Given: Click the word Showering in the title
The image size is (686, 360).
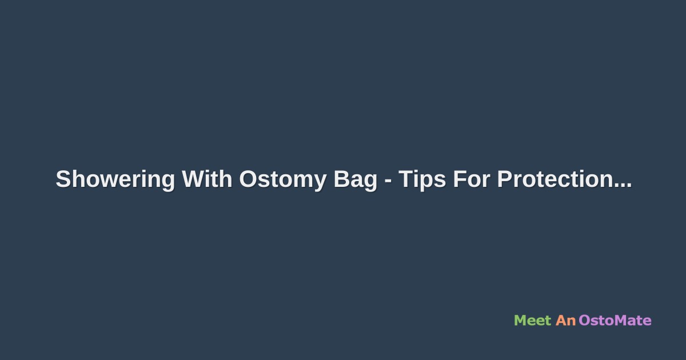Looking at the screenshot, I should tap(115, 180).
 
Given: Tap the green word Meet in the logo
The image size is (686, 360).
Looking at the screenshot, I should tap(532, 321).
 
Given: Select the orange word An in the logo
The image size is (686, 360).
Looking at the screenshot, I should tap(565, 321).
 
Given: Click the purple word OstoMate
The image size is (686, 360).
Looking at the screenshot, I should tap(615, 321).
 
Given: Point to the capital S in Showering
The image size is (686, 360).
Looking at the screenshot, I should tap(63, 179).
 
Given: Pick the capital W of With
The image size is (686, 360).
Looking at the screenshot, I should tap(194, 179).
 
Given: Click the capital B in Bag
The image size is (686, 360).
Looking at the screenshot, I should tap(341, 179).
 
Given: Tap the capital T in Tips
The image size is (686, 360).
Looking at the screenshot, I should tap(405, 179).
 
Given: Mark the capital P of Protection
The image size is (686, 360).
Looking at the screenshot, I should tap(504, 179).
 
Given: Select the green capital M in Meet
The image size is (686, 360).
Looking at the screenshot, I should tap(520, 321).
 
